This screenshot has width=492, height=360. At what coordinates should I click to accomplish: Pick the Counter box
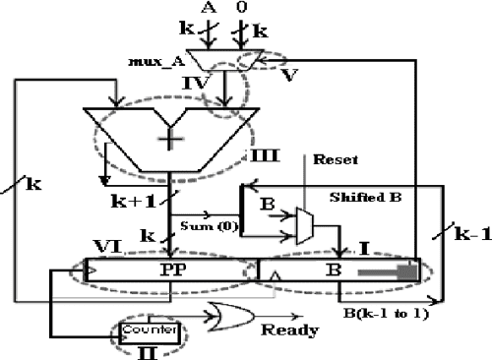click(x=149, y=330)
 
